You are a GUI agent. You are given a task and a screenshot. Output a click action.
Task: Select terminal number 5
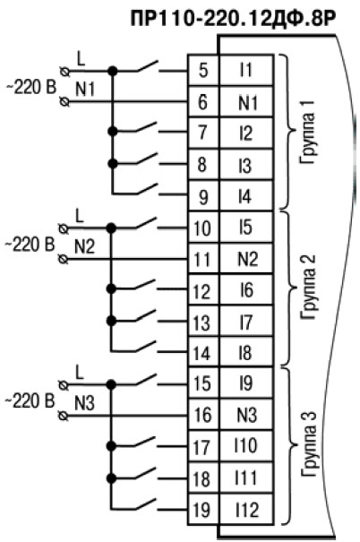coord(203,70)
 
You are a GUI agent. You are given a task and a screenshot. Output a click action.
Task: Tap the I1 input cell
coord(246,70)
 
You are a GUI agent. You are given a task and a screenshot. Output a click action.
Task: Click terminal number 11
coord(203,259)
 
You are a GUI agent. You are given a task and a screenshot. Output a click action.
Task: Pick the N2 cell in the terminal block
coord(246,259)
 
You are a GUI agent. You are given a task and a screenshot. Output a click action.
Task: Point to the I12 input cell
coord(246,510)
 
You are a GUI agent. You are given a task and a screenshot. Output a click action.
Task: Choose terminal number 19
coord(203,510)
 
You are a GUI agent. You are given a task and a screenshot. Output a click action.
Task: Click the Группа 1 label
coord(307,133)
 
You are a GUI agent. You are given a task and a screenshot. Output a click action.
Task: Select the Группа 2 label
coord(307,288)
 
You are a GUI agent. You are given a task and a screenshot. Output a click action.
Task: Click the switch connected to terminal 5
coord(148,66)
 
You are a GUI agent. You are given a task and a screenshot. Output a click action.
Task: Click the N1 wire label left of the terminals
coord(85,90)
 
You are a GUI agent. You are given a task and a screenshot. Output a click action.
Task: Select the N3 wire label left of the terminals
coord(85,403)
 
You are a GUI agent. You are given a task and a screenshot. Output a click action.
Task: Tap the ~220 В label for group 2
coord(30,245)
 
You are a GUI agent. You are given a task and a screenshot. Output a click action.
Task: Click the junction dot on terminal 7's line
coord(113,132)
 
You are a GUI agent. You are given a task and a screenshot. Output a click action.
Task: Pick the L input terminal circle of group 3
coord(64,384)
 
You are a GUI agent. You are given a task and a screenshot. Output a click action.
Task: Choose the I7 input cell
coord(246,322)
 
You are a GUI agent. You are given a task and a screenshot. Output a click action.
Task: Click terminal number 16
coord(203,415)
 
